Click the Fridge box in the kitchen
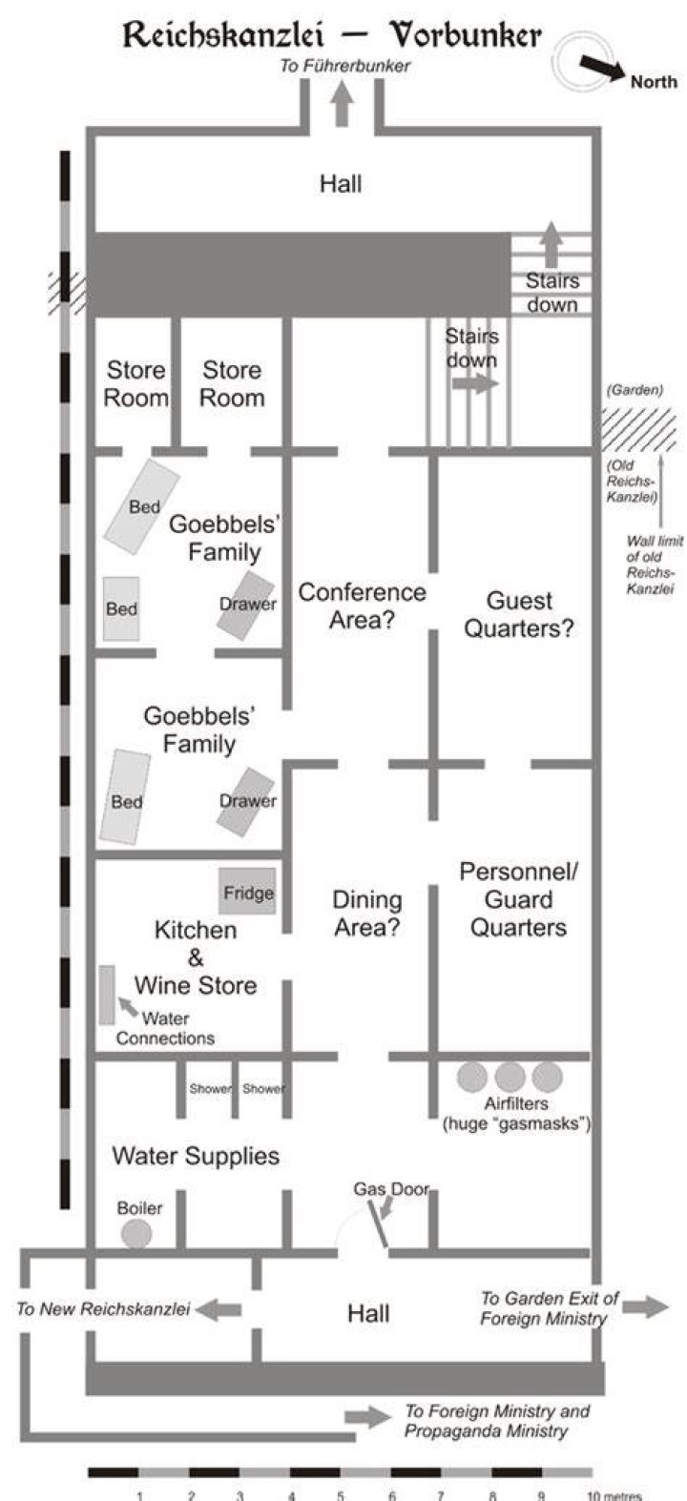pyautogui.click(x=246, y=892)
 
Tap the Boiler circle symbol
pyautogui.click(x=136, y=1234)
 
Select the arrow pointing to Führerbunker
pyautogui.click(x=343, y=104)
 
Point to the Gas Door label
pyautogui.click(x=391, y=1189)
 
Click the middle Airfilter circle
pyautogui.click(x=510, y=1078)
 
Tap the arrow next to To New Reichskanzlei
pyautogui.click(x=219, y=1308)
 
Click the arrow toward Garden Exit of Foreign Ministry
pyautogui.click(x=645, y=1306)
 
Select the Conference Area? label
pyautogui.click(x=362, y=606)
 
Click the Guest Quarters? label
pyautogui.click(x=519, y=614)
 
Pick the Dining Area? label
pyautogui.click(x=367, y=914)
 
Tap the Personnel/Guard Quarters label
pyautogui.click(x=518, y=899)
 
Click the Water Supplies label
pyautogui.click(x=196, y=1156)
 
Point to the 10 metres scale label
pyautogui.click(x=614, y=1495)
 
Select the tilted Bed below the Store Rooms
pyautogui.click(x=141, y=506)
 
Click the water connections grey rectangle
pyautogui.click(x=107, y=995)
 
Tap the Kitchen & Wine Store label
pyautogui.click(x=196, y=957)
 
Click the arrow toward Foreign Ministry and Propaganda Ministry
pyautogui.click(x=368, y=1417)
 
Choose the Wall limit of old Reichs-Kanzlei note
pyautogui.click(x=655, y=565)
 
